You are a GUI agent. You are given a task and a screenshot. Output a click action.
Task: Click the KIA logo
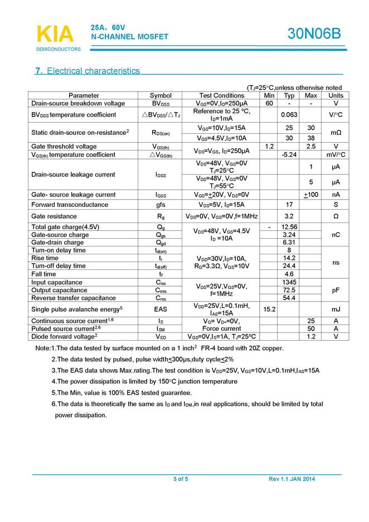[x=55, y=33]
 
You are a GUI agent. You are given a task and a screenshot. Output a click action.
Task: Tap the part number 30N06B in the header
[x=314, y=34]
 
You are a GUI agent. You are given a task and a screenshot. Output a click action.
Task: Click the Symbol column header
[x=161, y=95]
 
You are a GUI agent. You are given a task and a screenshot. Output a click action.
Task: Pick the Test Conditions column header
[x=221, y=95]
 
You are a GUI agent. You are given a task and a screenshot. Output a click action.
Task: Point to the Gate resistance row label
[x=55, y=215]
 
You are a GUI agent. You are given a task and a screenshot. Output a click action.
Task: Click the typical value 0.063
[x=289, y=115]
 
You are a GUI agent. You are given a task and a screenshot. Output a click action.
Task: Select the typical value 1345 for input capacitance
[x=289, y=282]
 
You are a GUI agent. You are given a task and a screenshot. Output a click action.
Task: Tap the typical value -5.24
[x=289, y=154]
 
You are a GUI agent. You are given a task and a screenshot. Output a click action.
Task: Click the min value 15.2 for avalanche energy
[x=269, y=309]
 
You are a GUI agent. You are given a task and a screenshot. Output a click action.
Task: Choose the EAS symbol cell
[x=161, y=309]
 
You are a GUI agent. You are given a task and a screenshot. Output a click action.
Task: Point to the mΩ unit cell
[x=336, y=133]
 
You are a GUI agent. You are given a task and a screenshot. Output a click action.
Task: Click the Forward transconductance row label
[x=62, y=205]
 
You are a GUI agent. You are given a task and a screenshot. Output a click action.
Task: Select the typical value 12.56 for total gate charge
[x=289, y=227]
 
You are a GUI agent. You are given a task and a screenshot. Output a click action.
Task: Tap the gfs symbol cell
[x=161, y=205]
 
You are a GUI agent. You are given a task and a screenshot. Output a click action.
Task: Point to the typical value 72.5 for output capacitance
[x=289, y=290]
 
